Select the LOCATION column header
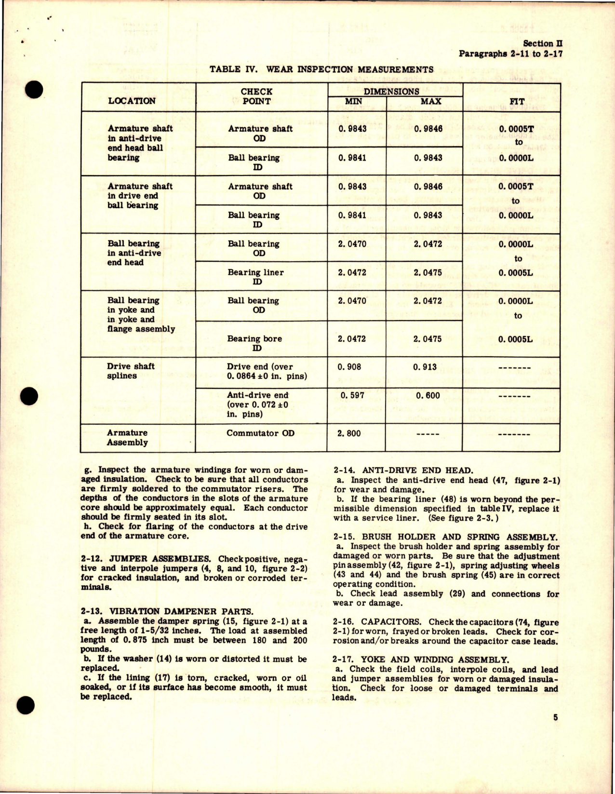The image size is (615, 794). [132, 101]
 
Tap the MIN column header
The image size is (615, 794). [354, 101]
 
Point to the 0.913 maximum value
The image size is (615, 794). [425, 367]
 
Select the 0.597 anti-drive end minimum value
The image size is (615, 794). [351, 395]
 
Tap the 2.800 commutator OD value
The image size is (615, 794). [349, 433]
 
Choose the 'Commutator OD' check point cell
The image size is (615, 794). [260, 433]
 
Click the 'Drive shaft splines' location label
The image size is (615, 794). [131, 371]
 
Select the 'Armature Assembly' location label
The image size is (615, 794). [127, 437]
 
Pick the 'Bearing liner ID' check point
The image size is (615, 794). [256, 277]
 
